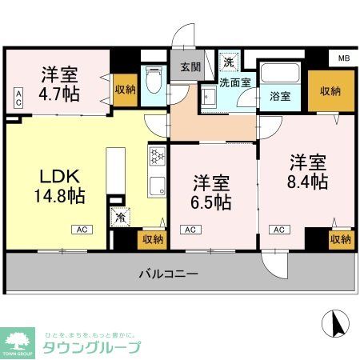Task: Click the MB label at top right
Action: tap(343, 58)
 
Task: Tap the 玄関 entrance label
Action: tap(190, 68)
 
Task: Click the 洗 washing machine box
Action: tap(229, 62)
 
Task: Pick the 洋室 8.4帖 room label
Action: tap(308, 170)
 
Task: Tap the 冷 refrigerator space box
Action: tap(120, 217)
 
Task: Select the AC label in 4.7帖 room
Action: tap(18, 98)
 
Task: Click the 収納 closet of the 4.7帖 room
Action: tap(124, 90)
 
